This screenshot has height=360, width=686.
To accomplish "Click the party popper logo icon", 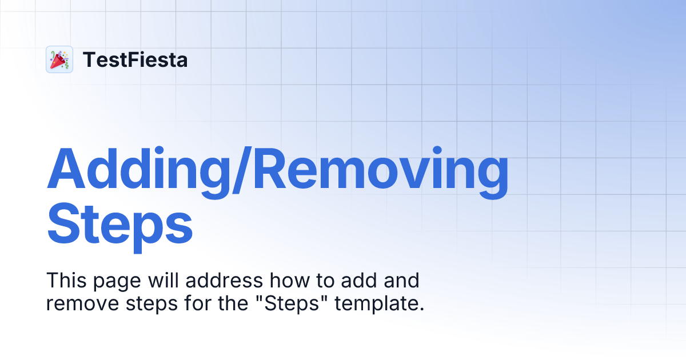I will coord(59,59).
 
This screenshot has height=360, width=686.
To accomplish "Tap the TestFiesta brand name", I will coord(135,59).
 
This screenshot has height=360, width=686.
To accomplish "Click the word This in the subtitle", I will coord(65,281).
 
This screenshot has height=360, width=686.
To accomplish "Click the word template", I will coord(380,303).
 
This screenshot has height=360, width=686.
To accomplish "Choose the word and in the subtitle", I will coord(402,281).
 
